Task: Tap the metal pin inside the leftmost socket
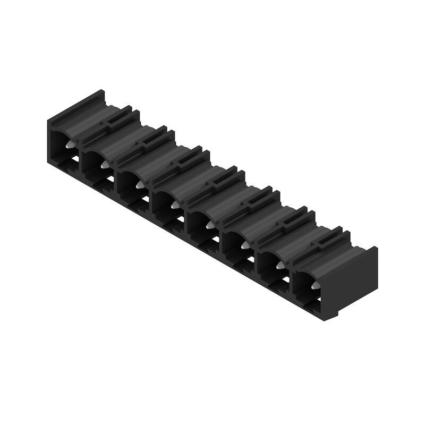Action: pyautogui.click(x=69, y=144)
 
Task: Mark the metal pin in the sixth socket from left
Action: pyautogui.click(x=244, y=245)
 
